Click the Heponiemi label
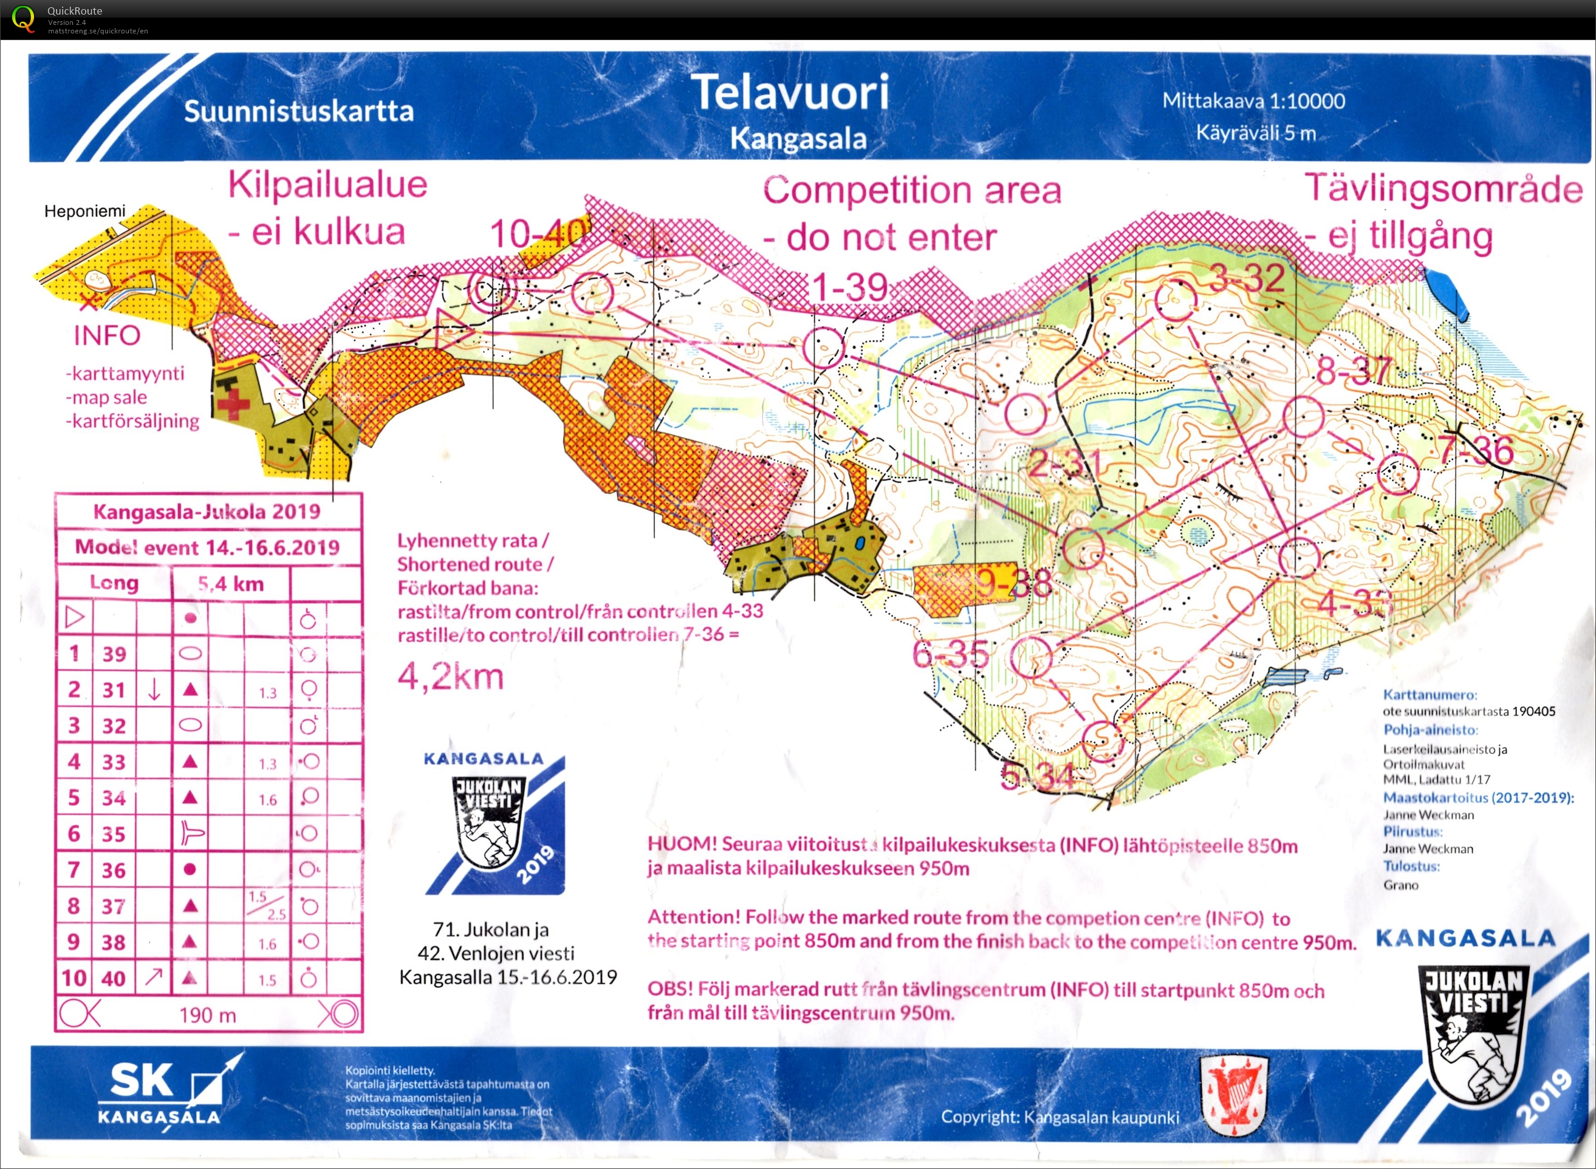(84, 211)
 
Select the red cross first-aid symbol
(233, 405)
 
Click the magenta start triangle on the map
(451, 329)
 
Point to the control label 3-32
(1247, 278)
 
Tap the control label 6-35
(950, 654)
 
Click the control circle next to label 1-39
(823, 347)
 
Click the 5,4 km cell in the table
(231, 584)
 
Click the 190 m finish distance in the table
(207, 1015)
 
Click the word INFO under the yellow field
(107, 335)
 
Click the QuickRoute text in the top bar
(74, 10)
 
